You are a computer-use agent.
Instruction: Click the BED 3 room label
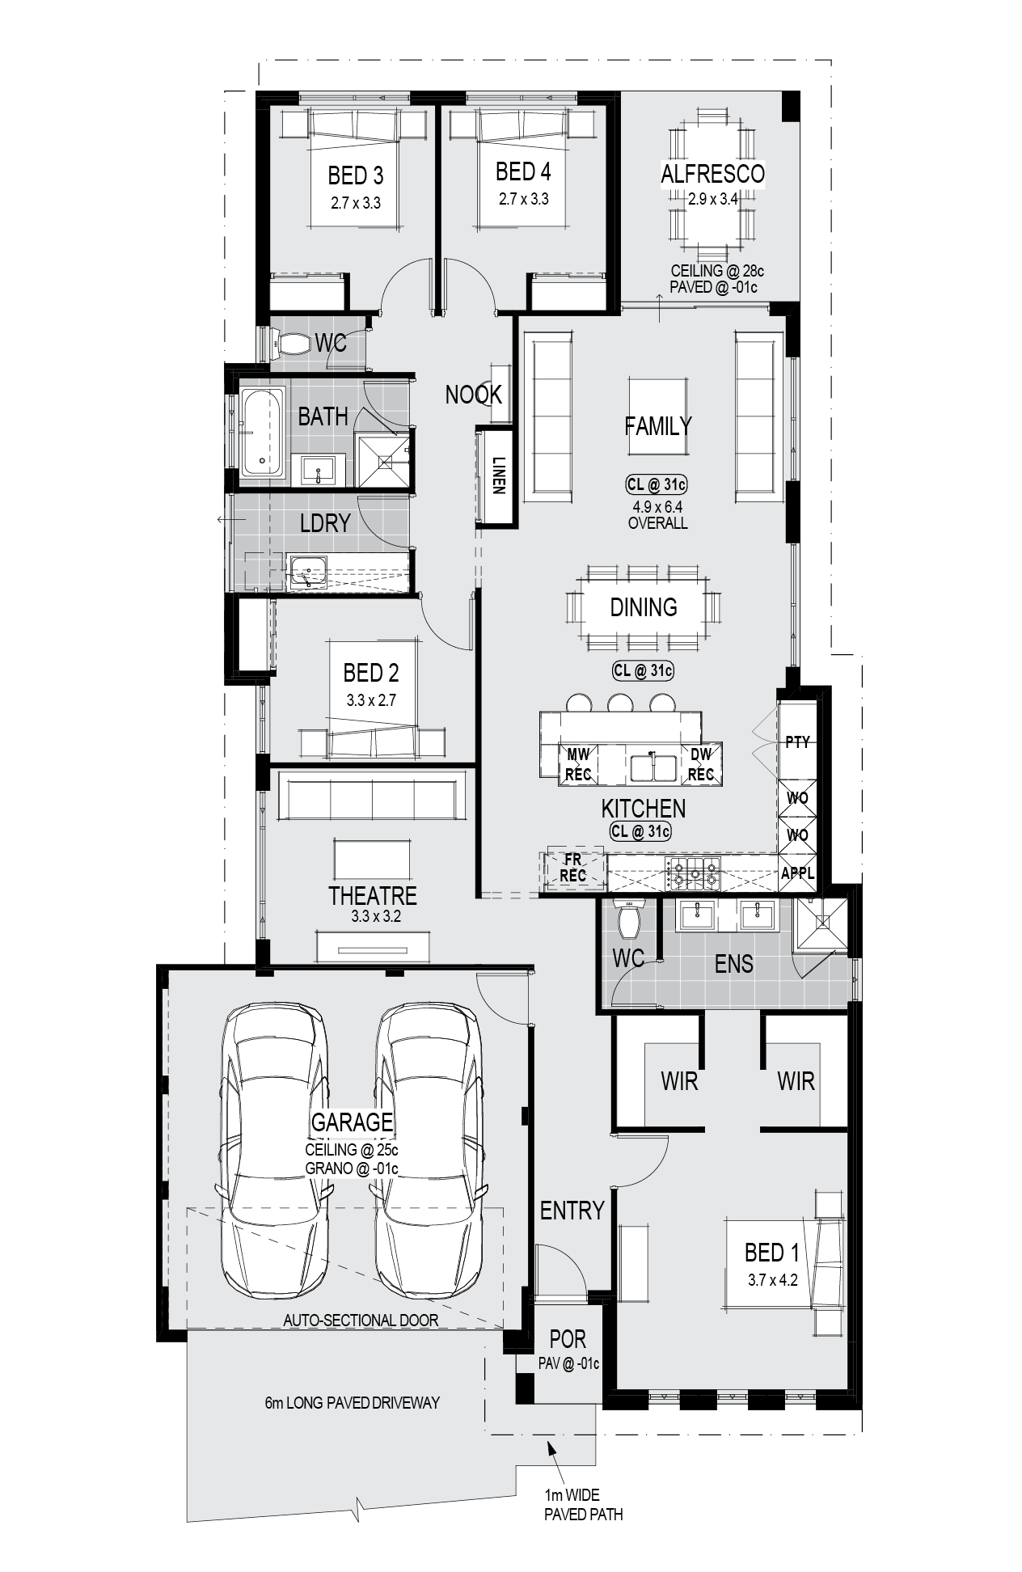coord(356,175)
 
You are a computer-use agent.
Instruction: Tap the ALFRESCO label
coord(712,174)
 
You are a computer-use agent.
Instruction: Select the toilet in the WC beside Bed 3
coord(291,344)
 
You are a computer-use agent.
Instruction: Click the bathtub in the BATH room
coord(262,432)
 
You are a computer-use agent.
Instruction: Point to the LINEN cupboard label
coord(498,476)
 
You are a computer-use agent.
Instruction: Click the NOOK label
coord(474,395)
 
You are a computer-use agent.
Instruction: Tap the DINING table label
coord(644,607)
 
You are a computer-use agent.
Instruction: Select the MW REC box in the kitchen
coord(578,764)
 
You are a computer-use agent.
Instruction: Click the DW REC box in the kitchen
coord(701,764)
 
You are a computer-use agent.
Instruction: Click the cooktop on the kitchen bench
coord(692,873)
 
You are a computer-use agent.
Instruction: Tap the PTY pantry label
coord(797,742)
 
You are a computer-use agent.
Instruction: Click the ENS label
coord(734,964)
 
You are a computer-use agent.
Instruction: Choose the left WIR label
coord(679,1081)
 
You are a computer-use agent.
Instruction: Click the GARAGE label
coord(353,1122)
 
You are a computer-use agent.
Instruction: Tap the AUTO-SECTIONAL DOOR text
coord(361,1321)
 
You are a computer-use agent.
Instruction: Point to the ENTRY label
coord(572,1211)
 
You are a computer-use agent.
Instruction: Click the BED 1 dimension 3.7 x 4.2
coord(773,1280)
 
